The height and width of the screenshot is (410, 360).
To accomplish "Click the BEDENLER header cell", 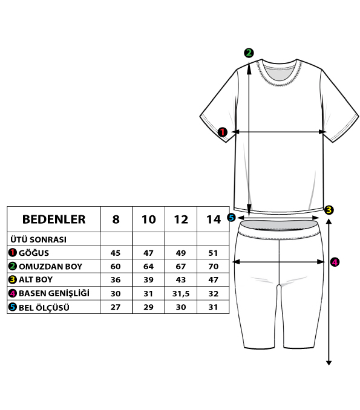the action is tap(54, 219).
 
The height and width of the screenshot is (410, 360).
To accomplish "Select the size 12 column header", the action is tap(181, 219).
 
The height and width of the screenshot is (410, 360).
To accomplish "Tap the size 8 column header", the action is tap(116, 219).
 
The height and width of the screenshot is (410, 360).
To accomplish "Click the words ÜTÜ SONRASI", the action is tap(39, 239).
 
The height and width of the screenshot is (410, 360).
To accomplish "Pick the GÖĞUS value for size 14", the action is tap(213, 253).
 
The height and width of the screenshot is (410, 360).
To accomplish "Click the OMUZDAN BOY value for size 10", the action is tap(148, 266).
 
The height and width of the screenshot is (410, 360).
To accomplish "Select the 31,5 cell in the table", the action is tap(181, 294).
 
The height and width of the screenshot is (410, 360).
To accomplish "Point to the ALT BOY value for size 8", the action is tap(116, 279).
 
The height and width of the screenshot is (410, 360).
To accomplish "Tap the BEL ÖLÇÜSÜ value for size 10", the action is tap(148, 307).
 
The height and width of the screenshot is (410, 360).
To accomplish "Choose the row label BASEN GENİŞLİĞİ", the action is tap(54, 293).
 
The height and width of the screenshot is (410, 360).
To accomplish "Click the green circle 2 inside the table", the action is tap(12, 266).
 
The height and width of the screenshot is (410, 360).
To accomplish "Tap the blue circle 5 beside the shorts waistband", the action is tap(231, 217).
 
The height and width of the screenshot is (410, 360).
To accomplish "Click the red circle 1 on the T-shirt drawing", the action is tap(223, 132).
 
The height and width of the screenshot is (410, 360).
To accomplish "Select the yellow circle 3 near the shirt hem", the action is tap(329, 210).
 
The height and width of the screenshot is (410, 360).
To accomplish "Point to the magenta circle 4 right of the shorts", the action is tap(335, 262).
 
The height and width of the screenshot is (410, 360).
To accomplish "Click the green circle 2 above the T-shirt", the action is tap(249, 53).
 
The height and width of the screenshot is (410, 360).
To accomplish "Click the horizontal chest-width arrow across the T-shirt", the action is tap(279, 132).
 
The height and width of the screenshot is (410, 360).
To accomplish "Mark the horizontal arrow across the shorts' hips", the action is tap(279, 261).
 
